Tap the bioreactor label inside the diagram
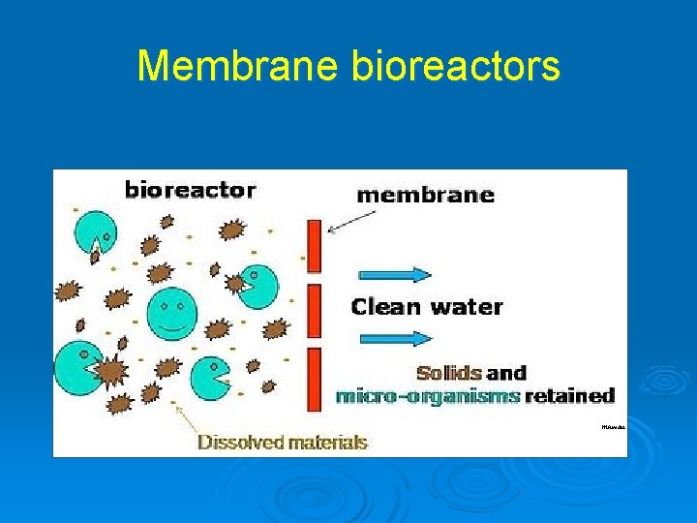pyautogui.click(x=190, y=190)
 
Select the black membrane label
pyautogui.click(x=425, y=195)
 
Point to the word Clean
pyautogui.click(x=383, y=308)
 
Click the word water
pyautogui.click(x=467, y=308)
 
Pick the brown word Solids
pyautogui.click(x=448, y=373)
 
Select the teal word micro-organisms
pyautogui.click(x=427, y=396)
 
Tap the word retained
pyautogui.click(x=570, y=396)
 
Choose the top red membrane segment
pyautogui.click(x=314, y=246)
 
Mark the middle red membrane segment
pyautogui.click(x=314, y=308)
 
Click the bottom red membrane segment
pyautogui.click(x=314, y=379)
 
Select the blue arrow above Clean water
pyautogui.click(x=395, y=274)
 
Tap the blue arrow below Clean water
pyautogui.click(x=395, y=338)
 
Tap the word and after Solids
pyautogui.click(x=506, y=373)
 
